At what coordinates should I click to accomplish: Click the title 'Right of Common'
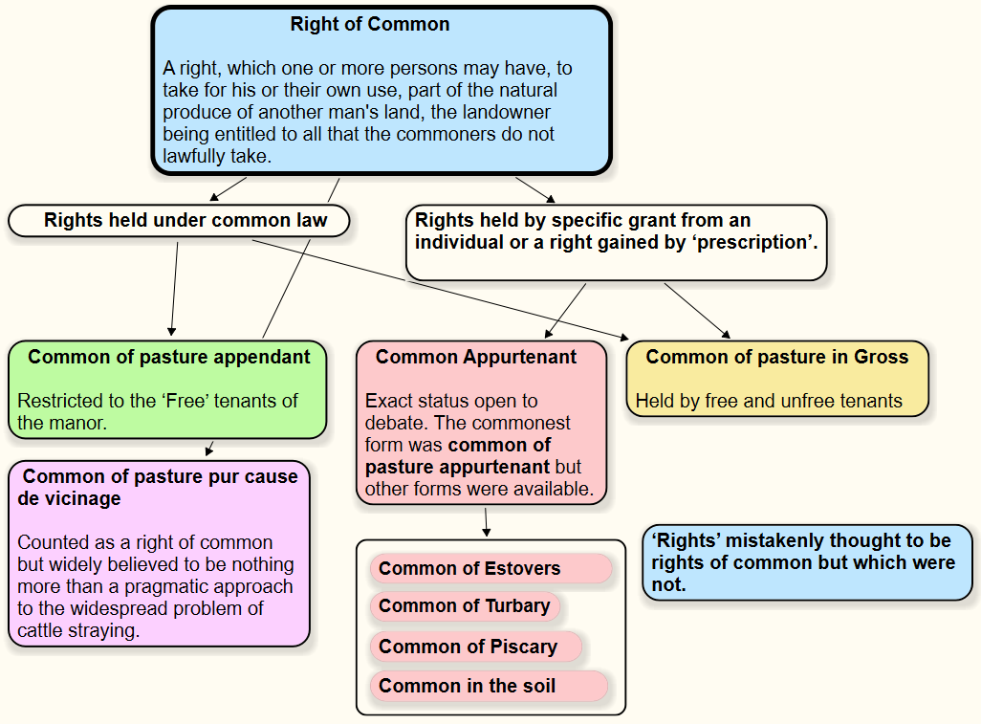click(370, 25)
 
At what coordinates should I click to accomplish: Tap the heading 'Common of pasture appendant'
click(169, 358)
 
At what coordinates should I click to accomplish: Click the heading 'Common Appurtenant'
click(476, 358)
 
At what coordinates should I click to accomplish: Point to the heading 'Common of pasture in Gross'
click(776, 358)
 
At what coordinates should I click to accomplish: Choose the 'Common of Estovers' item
click(469, 569)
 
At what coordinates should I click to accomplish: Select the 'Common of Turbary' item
click(464, 606)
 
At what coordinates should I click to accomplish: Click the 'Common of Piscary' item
click(468, 647)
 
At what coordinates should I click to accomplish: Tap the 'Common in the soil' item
click(467, 687)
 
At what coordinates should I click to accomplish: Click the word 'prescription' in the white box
click(755, 243)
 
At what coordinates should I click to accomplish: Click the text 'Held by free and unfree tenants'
click(769, 401)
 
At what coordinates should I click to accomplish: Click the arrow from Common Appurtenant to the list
click(487, 522)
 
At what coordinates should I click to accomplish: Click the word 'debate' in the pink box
click(394, 423)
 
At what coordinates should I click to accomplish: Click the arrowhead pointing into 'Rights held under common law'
click(214, 197)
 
